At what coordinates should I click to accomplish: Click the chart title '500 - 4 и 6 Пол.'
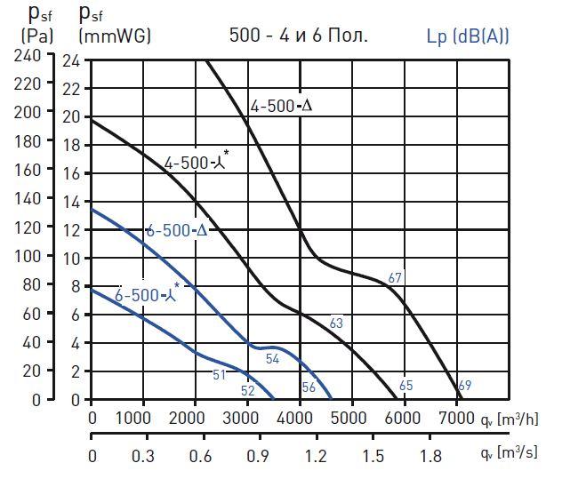[x=298, y=36]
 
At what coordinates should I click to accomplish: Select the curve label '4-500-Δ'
[x=283, y=107]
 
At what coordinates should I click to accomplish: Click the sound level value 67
[x=396, y=278]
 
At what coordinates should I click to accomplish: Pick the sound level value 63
[x=336, y=323]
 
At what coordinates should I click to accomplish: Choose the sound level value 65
[x=406, y=386]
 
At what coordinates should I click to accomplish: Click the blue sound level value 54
[x=273, y=358]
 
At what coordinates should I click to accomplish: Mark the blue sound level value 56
[x=309, y=387]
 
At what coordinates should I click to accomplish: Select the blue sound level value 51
[x=220, y=374]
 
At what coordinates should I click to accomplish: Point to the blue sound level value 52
[x=247, y=389]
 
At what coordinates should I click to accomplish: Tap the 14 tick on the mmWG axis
[x=71, y=202]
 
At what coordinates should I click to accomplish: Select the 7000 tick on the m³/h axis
[x=456, y=419]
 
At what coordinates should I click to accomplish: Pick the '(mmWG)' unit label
[x=115, y=36]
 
